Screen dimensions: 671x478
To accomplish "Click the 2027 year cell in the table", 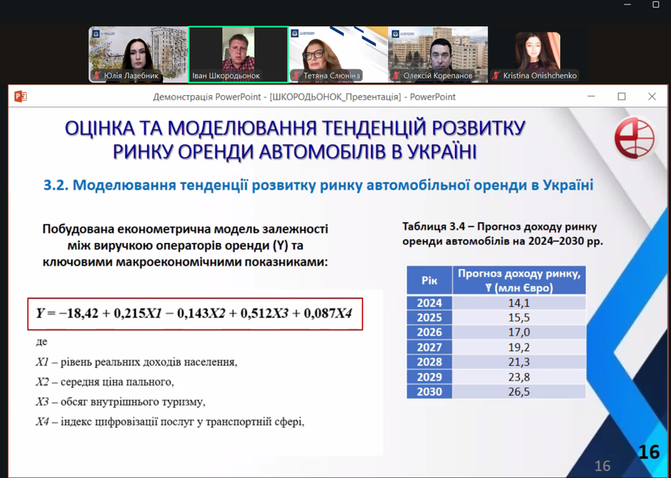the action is pos(429,347).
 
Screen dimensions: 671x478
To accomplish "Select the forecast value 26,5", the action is pos(519,391).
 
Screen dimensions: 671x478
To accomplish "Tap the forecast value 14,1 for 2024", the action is pos(519,303).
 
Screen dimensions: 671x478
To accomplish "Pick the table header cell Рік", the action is pos(429,281).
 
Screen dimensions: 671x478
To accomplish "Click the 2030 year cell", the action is pos(429,391).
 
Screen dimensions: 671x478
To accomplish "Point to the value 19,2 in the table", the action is pos(519,347).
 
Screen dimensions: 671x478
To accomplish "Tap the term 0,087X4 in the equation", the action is pos(328,313).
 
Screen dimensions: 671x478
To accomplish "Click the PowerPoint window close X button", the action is pos(652,97).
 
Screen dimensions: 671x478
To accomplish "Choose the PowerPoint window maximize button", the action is pos(621,97).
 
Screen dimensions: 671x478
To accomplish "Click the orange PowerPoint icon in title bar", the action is pos(20,97).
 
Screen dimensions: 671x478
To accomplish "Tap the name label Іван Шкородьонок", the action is pos(225,76).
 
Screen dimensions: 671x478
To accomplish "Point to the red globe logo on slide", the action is pos(635,138).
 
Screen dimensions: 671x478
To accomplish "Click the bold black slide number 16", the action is pos(649,452).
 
